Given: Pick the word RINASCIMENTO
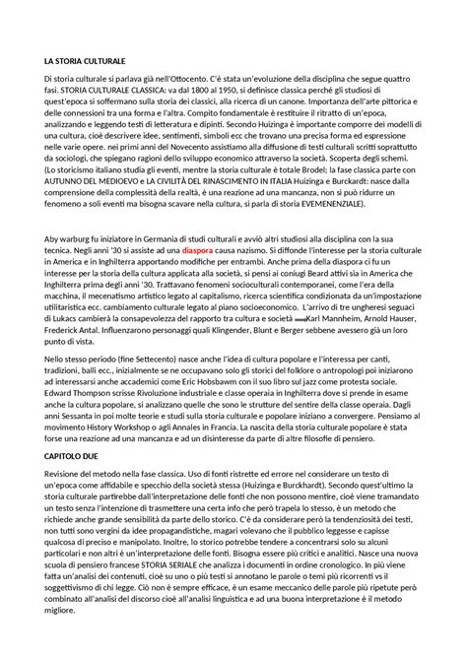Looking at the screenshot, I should [239, 190].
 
